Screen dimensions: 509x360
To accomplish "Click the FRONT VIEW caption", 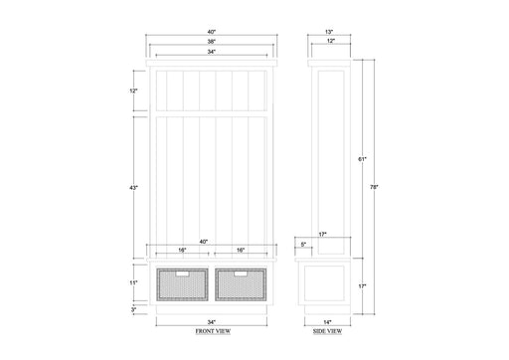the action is (x=213, y=331).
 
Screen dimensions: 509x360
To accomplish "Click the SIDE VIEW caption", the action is (x=328, y=331).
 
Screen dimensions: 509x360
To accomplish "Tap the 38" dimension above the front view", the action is (x=212, y=42).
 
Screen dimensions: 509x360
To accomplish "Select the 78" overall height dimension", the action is (x=374, y=187).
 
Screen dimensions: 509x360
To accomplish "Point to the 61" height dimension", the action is (x=362, y=159).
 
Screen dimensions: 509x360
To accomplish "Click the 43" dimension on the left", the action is (x=133, y=188).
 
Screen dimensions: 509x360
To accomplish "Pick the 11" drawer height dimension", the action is (x=133, y=282).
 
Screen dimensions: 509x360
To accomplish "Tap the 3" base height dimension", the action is (x=133, y=309).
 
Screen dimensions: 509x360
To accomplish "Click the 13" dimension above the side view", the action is (x=328, y=32).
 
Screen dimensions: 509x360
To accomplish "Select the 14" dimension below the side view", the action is (x=327, y=322).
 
